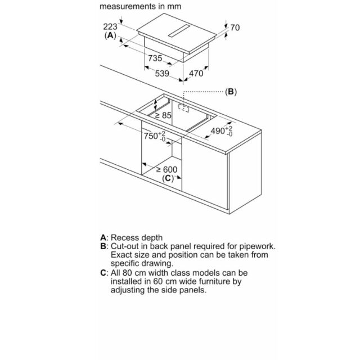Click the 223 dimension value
click(110, 26)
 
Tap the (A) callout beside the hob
click(110, 35)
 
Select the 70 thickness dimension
click(235, 28)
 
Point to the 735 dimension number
click(155, 58)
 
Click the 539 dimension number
click(162, 74)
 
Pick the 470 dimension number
click(196, 74)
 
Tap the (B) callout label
click(231, 92)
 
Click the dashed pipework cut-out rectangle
click(184, 107)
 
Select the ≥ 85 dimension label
click(163, 115)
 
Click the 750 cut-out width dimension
click(155, 136)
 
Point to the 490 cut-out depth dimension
click(222, 131)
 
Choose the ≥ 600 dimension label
click(166, 170)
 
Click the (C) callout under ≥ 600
click(168, 178)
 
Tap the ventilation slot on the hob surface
click(179, 31)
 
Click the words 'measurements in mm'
click(140, 6)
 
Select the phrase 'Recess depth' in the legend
click(137, 237)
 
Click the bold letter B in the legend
click(103, 246)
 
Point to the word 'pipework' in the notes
click(257, 246)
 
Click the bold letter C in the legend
click(103, 273)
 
